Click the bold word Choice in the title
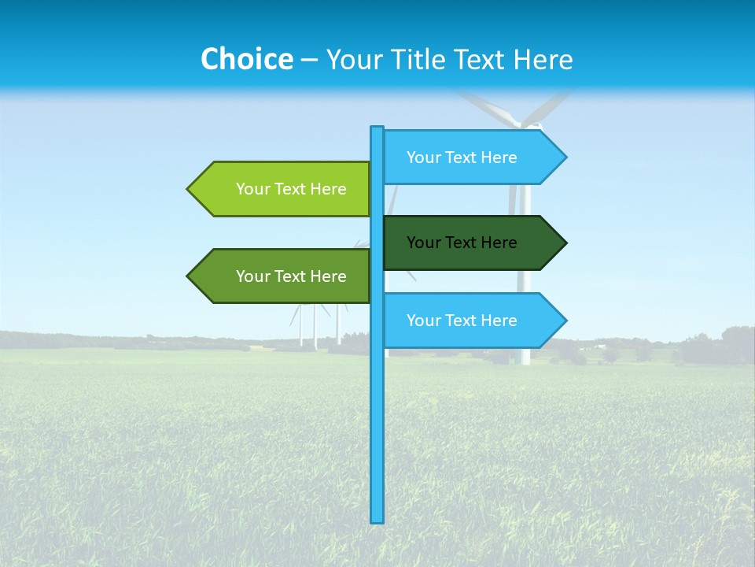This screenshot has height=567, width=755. point(246,59)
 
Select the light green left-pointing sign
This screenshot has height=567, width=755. point(279,189)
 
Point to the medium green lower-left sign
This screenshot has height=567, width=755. point(279,276)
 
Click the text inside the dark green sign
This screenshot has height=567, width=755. point(462,243)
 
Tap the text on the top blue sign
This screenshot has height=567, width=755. point(462,157)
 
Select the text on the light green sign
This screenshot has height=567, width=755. point(291,189)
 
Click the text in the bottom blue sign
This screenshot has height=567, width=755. point(462,321)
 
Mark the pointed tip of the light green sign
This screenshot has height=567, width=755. point(189,189)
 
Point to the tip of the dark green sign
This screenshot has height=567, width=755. point(565,243)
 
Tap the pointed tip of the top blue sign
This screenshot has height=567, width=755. point(565,157)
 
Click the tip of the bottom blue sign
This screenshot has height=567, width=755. point(565,321)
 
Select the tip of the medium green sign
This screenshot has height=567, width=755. point(189,276)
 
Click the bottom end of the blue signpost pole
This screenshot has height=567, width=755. point(377,520)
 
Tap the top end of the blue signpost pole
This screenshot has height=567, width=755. point(377,128)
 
